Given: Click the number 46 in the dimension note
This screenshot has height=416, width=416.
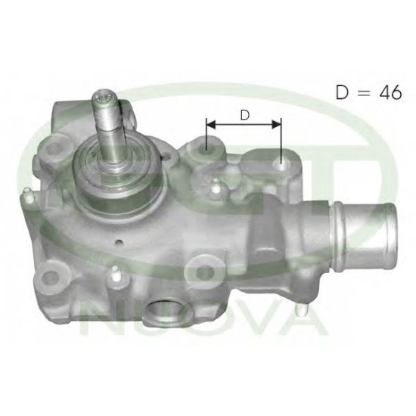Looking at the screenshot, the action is (390, 92).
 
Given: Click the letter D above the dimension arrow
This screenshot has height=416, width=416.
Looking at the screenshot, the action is (245, 116).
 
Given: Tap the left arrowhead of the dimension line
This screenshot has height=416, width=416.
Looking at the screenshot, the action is (211, 124).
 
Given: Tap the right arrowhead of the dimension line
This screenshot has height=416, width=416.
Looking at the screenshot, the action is (276, 124).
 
